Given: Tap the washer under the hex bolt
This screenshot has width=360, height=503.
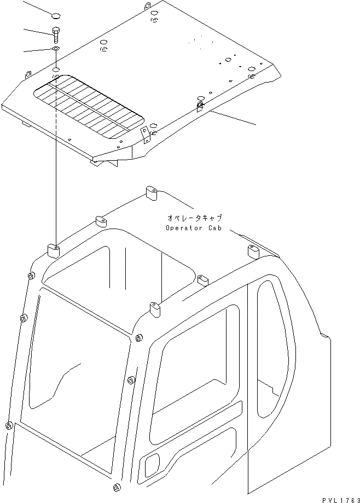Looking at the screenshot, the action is tap(56, 49).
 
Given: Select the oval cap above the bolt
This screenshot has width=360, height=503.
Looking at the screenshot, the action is tap(55, 14).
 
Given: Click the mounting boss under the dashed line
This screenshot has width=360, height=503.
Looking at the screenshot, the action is tap(54, 250).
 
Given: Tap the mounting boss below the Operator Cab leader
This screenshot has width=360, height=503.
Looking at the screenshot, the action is tap(253, 252).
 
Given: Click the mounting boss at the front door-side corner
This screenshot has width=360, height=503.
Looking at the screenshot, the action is tap(155, 310).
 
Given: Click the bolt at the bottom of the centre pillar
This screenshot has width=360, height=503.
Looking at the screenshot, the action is tap(115, 488).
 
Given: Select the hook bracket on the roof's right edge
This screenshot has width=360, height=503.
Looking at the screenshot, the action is tap(200, 104).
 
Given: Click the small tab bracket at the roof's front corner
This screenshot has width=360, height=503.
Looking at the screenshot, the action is tap(144, 134).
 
